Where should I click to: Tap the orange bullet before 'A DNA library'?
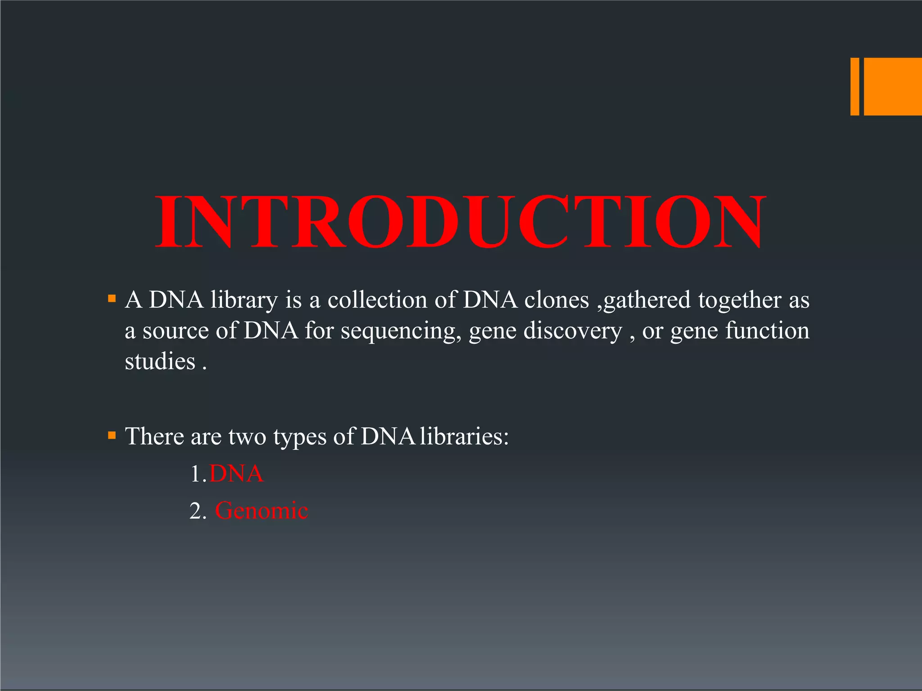pos(112,298)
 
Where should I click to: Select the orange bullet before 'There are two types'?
pos(112,435)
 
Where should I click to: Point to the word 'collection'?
pos(377,300)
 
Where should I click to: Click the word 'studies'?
pos(160,362)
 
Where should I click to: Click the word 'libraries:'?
pos(464,436)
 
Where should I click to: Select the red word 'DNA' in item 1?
pos(236,474)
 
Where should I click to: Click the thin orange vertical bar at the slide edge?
pos(854,86)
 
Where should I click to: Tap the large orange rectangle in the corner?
pos(893,86)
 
